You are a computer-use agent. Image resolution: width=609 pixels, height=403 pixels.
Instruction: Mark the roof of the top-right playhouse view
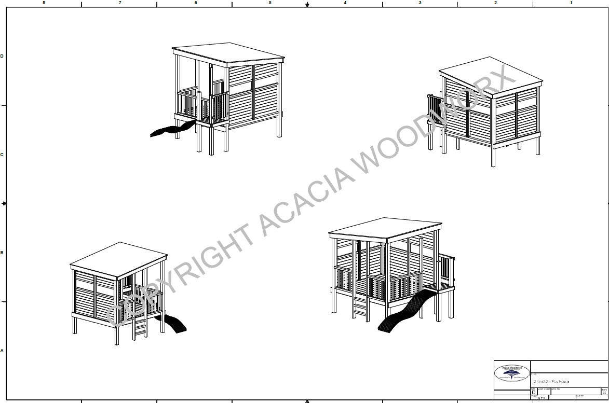click(x=491, y=76)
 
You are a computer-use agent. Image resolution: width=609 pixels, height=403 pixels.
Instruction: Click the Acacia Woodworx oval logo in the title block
click(x=512, y=372)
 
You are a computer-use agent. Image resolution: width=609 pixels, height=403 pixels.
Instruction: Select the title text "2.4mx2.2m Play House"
click(x=551, y=382)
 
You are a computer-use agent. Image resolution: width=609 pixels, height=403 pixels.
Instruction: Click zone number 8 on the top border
click(x=44, y=3)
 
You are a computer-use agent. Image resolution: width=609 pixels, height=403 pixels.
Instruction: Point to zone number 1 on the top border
click(x=571, y=3)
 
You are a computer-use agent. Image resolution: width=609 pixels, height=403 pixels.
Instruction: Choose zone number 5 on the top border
click(x=270, y=3)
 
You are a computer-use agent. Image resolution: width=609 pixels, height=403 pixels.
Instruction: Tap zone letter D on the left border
click(x=3, y=56)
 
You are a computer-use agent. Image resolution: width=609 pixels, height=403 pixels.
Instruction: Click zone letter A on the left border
click(x=3, y=351)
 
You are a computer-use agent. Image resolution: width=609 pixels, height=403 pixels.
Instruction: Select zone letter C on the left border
click(x=3, y=155)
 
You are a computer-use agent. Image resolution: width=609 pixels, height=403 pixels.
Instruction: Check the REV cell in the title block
click(x=604, y=390)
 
